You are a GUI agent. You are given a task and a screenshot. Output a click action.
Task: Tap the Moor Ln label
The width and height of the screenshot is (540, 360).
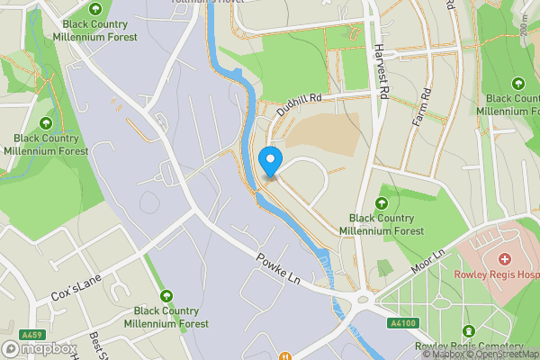(427, 263)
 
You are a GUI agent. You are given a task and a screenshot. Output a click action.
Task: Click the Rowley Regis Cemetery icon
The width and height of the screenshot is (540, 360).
(467, 332)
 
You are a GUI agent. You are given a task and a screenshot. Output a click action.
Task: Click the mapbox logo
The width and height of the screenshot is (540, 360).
(40, 348)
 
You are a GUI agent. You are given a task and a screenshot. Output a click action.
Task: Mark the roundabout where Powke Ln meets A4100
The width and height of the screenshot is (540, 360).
(364, 300)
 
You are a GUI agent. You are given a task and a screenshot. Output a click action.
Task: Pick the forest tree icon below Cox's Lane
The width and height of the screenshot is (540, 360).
(166, 295)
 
